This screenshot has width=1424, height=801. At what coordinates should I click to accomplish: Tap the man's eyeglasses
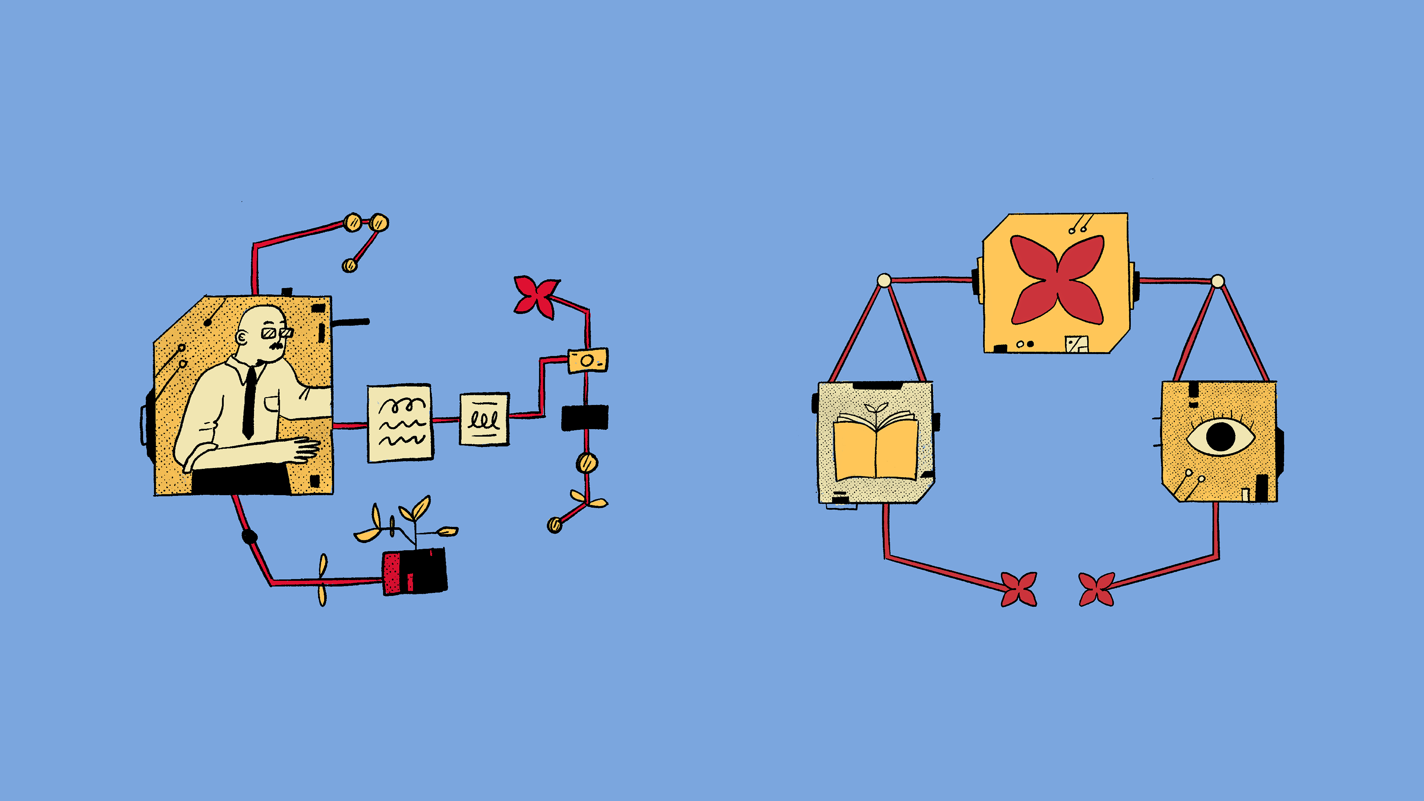[x=276, y=333]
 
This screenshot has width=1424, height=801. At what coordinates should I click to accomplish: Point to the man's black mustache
[x=276, y=346]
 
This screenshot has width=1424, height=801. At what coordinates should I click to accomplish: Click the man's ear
[x=242, y=337]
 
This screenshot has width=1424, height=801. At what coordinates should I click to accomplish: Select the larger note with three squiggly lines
[x=400, y=423]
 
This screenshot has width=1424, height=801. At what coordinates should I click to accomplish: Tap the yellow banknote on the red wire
[x=588, y=360]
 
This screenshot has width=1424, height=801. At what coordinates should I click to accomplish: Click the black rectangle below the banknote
[x=585, y=417]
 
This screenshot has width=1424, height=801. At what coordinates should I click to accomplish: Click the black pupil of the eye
[x=1220, y=436]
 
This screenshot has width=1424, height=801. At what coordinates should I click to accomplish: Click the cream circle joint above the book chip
[x=884, y=280]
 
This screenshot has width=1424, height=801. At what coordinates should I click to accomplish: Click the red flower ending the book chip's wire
[x=1019, y=589]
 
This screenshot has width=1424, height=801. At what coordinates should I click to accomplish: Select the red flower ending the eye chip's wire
[x=1096, y=589]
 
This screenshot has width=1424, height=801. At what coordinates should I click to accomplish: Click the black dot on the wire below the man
[x=249, y=535]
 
